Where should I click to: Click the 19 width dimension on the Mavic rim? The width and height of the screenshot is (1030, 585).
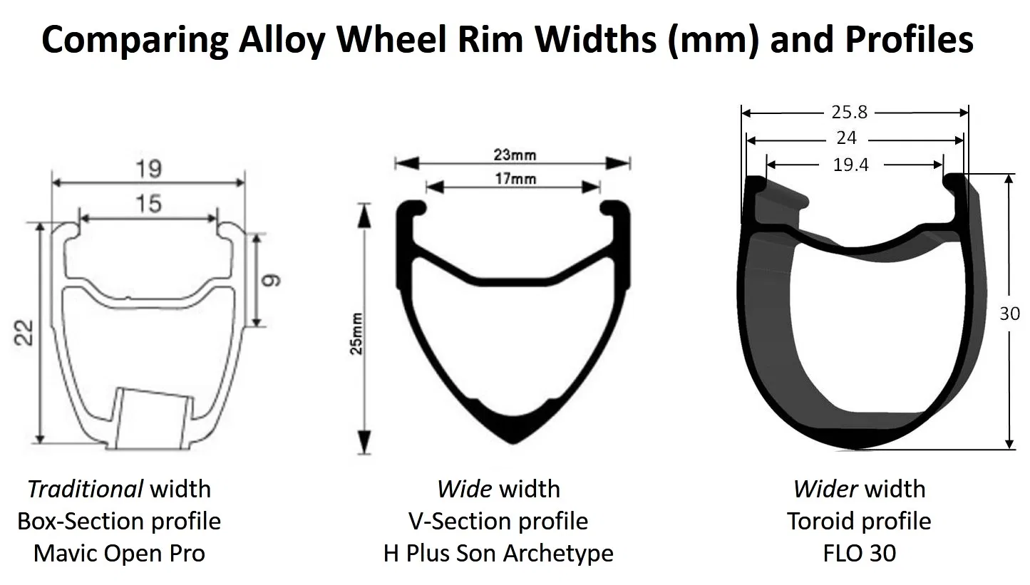(149, 169)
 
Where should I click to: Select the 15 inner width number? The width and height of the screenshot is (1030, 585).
(148, 205)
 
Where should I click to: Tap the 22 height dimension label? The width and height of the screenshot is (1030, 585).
(25, 332)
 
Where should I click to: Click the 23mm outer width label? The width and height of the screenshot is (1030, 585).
(514, 154)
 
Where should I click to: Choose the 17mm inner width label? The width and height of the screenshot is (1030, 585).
(514, 178)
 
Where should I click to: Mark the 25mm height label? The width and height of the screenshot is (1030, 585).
(356, 333)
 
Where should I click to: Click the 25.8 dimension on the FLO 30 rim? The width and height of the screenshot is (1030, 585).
(849, 112)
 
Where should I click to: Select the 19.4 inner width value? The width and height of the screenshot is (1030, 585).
(851, 165)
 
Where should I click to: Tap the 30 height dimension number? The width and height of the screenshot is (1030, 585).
(1009, 314)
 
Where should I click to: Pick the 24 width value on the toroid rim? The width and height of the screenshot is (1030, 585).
(847, 138)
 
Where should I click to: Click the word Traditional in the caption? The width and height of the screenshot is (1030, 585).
(86, 489)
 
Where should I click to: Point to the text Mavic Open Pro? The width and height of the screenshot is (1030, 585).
(119, 553)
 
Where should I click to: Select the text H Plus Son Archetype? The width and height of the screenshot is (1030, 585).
(498, 553)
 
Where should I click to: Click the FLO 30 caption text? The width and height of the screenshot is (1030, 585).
(860, 553)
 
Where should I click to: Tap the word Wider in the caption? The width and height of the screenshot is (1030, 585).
(823, 489)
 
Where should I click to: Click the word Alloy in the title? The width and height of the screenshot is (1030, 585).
(284, 40)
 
